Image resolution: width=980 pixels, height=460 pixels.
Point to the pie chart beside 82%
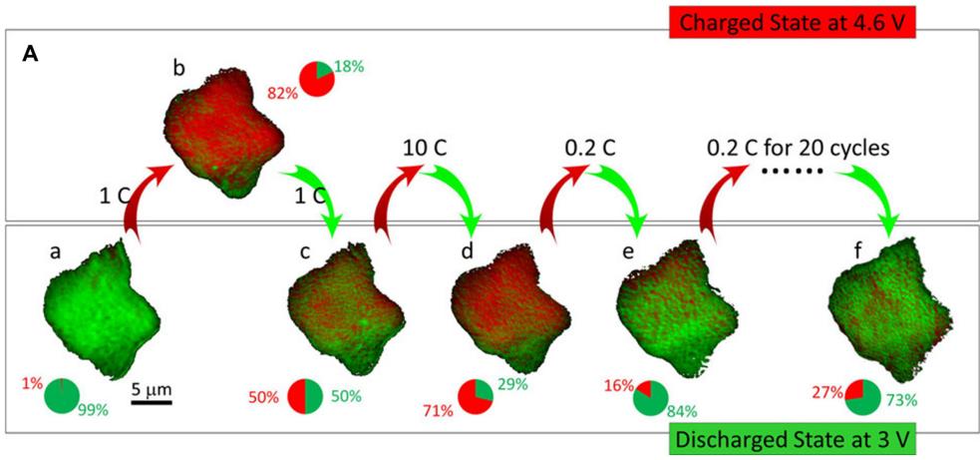click(317, 80)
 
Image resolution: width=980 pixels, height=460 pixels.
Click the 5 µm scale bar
click(152, 401)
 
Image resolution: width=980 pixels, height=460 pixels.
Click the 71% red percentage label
click(438, 410)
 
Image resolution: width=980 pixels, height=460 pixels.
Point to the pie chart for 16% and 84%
click(649, 397)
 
